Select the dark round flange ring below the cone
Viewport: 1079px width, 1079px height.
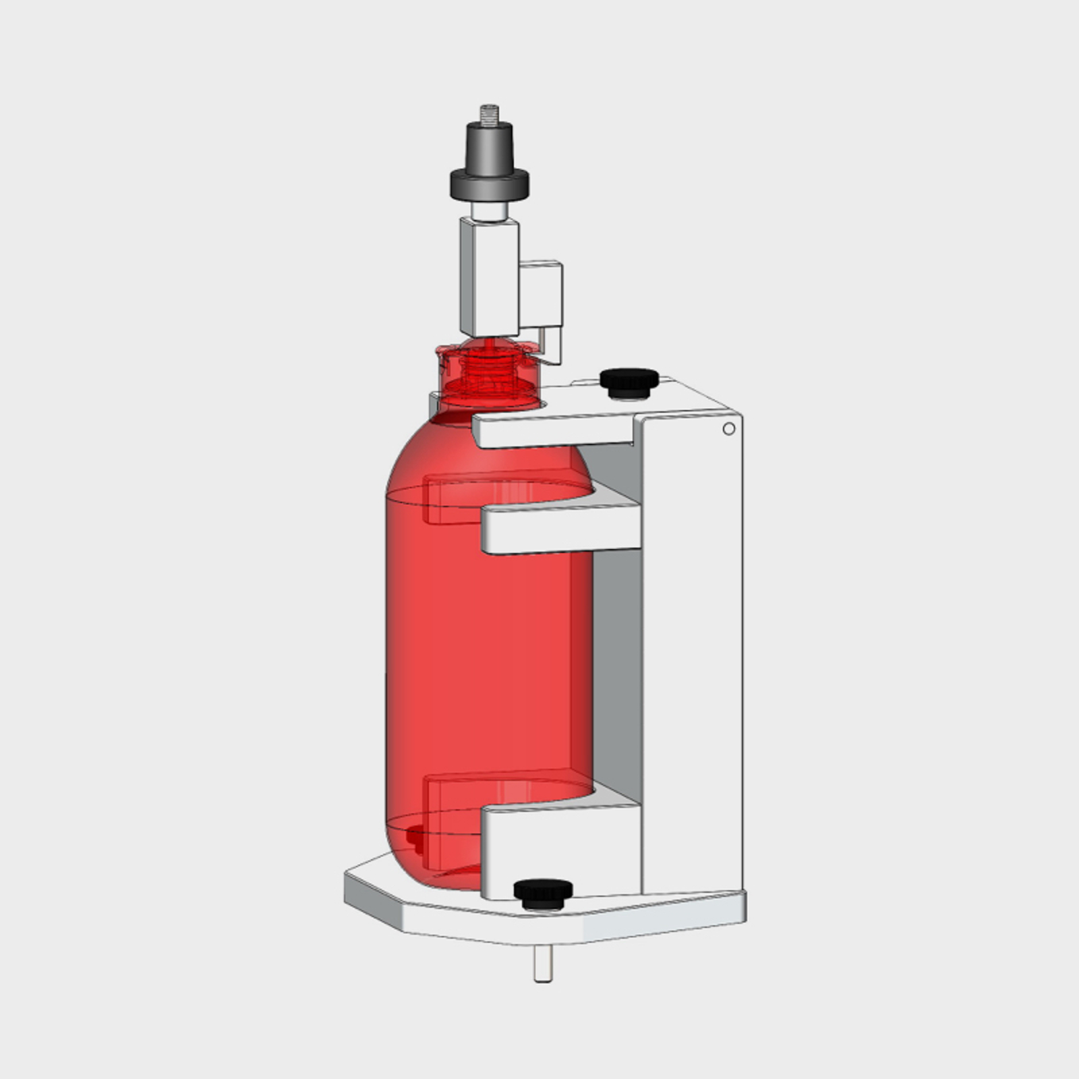tap(489, 184)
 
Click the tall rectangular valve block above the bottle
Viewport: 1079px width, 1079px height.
tap(489, 276)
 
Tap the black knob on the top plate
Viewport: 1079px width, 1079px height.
tap(629, 382)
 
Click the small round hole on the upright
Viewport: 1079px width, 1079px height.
tap(728, 429)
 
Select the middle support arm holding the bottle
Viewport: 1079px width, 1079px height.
tap(560, 529)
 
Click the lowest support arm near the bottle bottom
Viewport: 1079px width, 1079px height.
tap(560, 850)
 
